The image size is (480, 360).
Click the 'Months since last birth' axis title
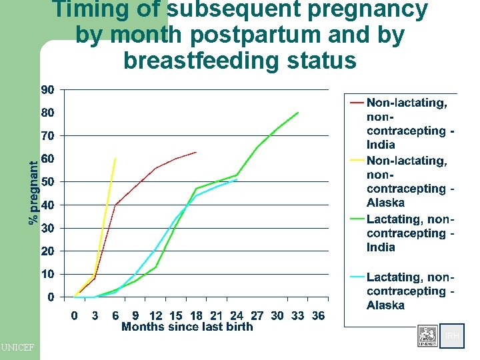[x=187, y=327]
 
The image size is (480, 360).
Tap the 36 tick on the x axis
[x=319, y=315]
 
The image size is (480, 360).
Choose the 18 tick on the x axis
[x=196, y=315]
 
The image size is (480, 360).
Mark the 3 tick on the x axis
[x=95, y=315]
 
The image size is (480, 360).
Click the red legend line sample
[x=357, y=103]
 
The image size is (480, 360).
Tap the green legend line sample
[x=357, y=219]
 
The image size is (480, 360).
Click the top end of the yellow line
[x=116, y=159]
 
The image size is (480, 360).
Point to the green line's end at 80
[x=298, y=113]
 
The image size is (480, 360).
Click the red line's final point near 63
[x=196, y=152]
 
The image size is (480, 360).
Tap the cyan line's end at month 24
[x=237, y=180]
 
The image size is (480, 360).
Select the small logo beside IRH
[x=427, y=336]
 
